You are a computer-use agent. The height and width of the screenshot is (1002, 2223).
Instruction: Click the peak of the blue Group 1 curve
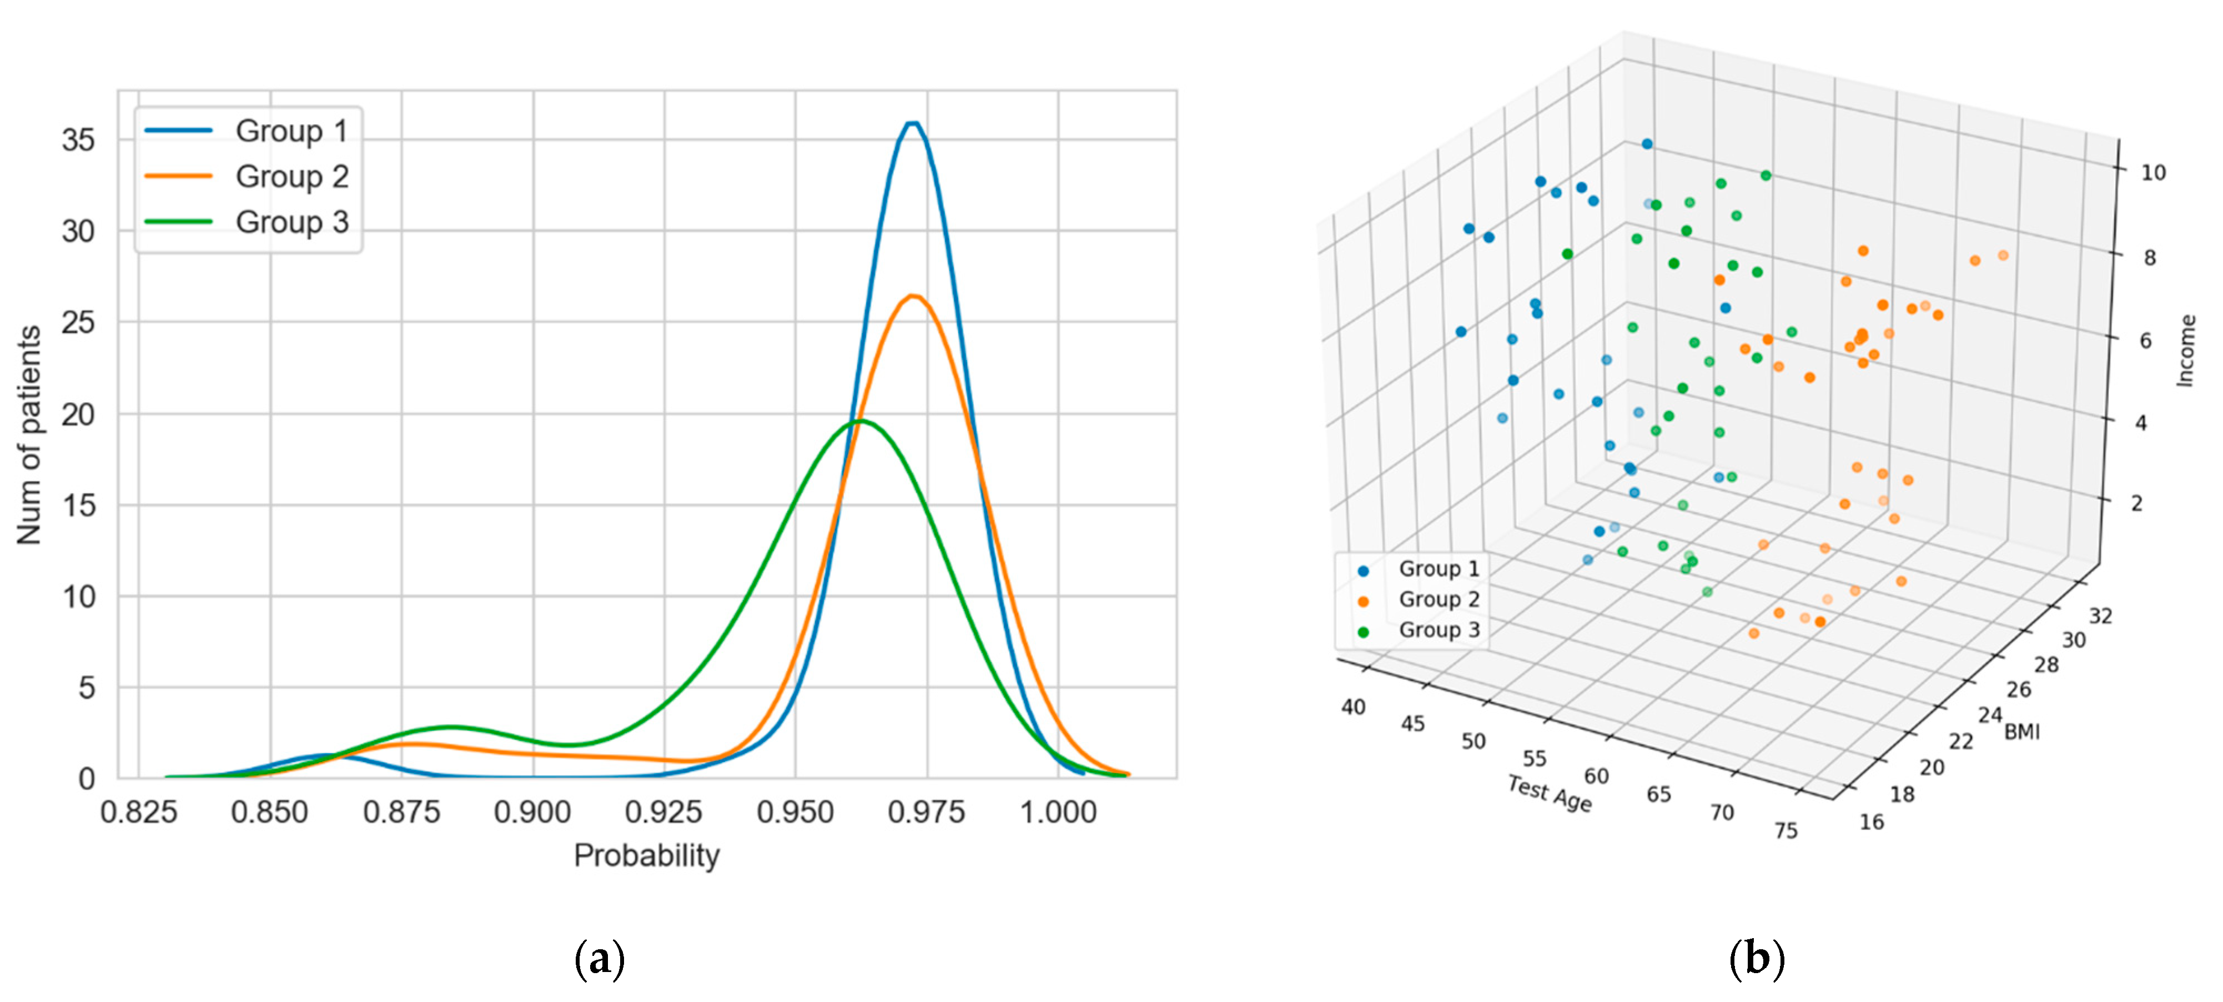pyautogui.click(x=912, y=123)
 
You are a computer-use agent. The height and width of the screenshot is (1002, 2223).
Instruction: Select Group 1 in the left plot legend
pyautogui.click(x=291, y=131)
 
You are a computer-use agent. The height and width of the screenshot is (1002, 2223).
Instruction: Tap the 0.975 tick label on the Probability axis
pyautogui.click(x=926, y=812)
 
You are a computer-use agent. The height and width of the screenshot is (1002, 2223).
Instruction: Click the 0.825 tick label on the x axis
pyautogui.click(x=138, y=812)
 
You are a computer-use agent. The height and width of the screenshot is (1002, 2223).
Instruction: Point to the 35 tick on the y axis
pyautogui.click(x=78, y=140)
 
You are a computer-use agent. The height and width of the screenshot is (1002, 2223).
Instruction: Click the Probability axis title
pyautogui.click(x=646, y=855)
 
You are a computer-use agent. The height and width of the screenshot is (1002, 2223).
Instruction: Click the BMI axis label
pyautogui.click(x=2022, y=732)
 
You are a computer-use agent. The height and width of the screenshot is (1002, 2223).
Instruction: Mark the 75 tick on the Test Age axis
pyautogui.click(x=1786, y=830)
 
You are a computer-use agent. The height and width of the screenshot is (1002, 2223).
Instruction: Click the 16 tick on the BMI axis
pyautogui.click(x=1872, y=821)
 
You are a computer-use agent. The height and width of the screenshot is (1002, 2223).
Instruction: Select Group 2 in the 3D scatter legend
pyautogui.click(x=1438, y=599)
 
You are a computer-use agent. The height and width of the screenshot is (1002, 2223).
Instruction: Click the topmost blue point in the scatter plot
pyautogui.click(x=1647, y=144)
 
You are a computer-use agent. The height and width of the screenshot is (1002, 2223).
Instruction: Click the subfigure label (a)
pyautogui.click(x=599, y=959)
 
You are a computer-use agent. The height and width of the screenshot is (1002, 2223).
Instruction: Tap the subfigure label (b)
pyautogui.click(x=1756, y=959)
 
